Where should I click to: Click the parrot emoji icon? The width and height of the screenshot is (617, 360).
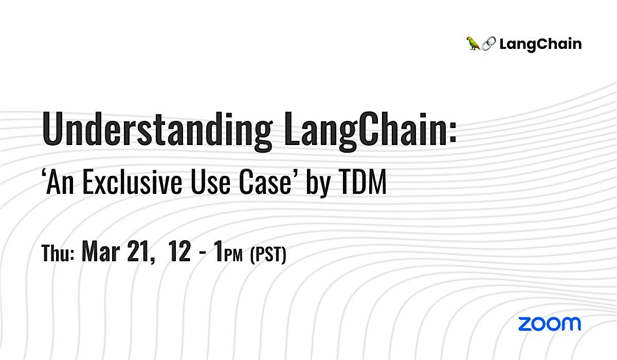click(x=473, y=44)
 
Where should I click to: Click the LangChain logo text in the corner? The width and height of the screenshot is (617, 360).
click(x=540, y=44)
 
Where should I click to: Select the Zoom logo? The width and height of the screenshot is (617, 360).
click(x=549, y=323)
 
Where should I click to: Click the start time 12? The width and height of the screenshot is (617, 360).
click(x=180, y=254)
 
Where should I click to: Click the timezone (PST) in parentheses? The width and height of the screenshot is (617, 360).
click(x=267, y=256)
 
